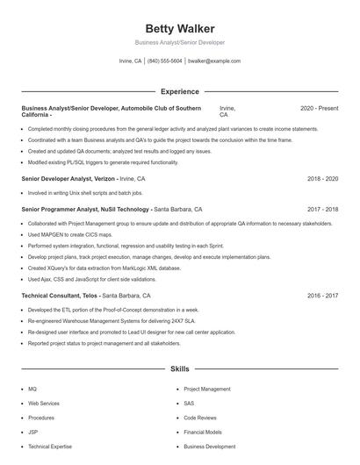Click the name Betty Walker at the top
179,28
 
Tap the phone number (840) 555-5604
165,61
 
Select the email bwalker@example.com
214,61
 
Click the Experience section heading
179,91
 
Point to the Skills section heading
179,369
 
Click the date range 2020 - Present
319,108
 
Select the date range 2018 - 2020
322,178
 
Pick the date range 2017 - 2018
322,210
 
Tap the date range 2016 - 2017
322,296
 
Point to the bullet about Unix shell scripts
85,192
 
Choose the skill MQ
32,389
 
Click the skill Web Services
43,403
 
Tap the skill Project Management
207,389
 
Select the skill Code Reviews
200,418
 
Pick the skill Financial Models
203,432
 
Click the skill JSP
33,432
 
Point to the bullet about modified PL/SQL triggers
103,162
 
